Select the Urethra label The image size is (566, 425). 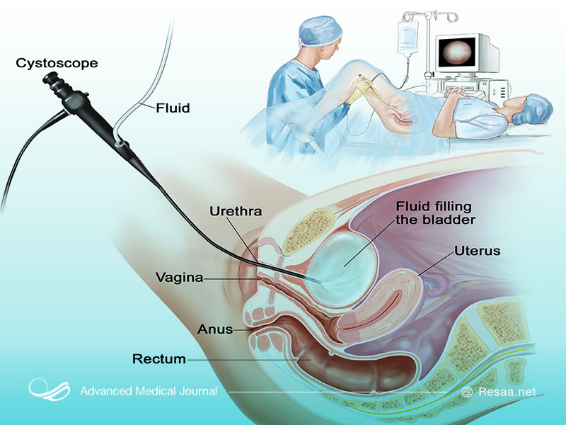click(x=236, y=211)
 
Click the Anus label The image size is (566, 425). click(x=216, y=329)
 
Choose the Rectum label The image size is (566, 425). click(x=159, y=359)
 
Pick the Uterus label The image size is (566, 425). click(x=478, y=251)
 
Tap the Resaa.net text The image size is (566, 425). click(x=507, y=392)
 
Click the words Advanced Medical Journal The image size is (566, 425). click(x=149, y=392)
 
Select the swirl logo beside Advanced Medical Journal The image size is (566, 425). click(x=50, y=391)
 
